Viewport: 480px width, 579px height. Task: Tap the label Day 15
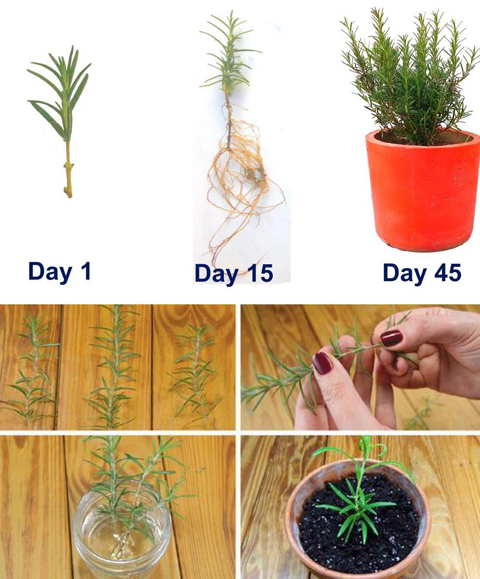[234, 274]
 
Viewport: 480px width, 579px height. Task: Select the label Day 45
[422, 273]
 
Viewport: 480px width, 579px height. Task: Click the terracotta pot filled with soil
[358, 521]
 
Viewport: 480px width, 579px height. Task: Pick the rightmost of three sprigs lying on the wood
[194, 371]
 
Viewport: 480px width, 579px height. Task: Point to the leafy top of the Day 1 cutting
[59, 94]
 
